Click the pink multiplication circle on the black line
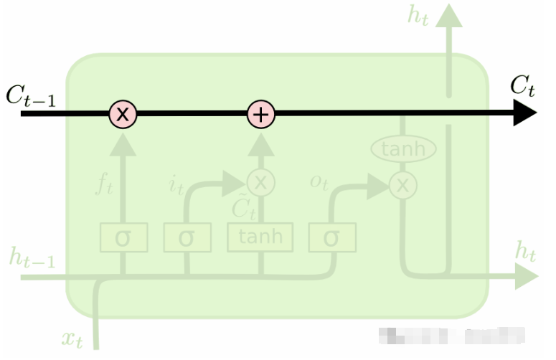click(123, 113)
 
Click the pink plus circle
click(261, 113)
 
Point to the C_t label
click(522, 87)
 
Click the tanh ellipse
click(403, 149)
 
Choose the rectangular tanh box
click(260, 237)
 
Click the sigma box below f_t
click(123, 237)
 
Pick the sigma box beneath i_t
click(187, 237)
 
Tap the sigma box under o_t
click(331, 237)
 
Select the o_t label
click(319, 182)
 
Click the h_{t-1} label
click(32, 257)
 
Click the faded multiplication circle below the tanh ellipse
click(403, 186)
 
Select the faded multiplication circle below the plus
click(261, 182)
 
